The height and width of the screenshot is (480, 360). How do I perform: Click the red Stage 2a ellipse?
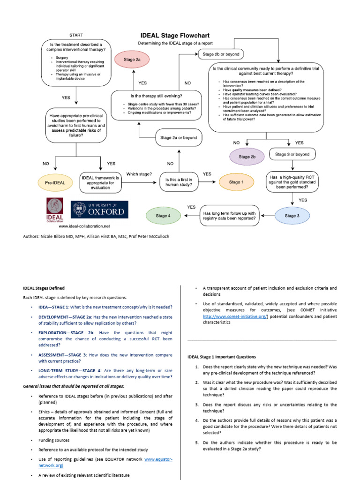coord(132,60)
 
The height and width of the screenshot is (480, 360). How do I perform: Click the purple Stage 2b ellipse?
coord(247,157)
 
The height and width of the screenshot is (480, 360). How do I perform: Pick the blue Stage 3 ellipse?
coord(291,216)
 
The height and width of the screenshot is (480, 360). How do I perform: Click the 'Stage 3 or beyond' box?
coord(292,154)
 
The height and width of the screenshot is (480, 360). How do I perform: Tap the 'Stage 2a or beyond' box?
coord(178,138)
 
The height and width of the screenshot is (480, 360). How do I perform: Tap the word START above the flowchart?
coord(76,35)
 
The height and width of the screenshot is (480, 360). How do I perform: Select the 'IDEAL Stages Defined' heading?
coord(44,288)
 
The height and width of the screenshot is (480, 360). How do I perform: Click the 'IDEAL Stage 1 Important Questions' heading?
coord(221,357)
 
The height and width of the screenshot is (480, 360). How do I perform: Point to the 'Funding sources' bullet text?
coord(54,440)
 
